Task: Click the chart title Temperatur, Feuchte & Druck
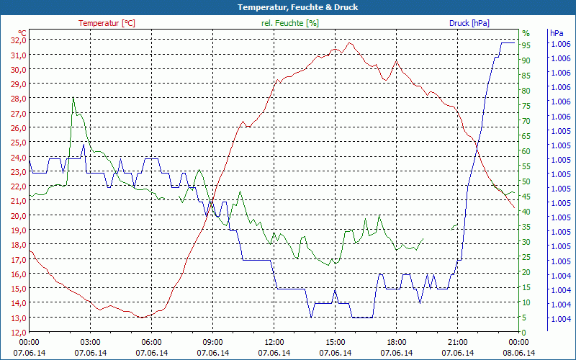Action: [288, 7]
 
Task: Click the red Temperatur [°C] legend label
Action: [107, 23]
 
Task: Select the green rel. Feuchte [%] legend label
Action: [290, 23]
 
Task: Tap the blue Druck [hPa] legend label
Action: [469, 23]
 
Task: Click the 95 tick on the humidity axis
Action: [526, 45]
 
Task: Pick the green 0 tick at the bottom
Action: [525, 332]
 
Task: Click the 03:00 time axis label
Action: [91, 342]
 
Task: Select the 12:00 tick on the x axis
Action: [274, 342]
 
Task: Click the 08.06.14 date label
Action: [519, 353]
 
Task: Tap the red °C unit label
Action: [22, 33]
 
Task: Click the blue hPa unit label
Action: [557, 33]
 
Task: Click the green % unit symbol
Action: [526, 33]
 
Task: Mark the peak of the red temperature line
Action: [350, 42]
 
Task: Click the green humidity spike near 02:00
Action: [73, 97]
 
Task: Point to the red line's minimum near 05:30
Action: [143, 317]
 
